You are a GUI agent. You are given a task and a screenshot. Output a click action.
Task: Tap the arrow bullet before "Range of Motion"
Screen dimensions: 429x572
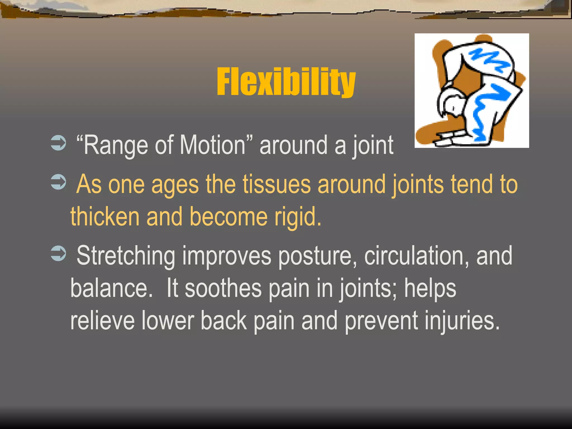pyautogui.click(x=58, y=143)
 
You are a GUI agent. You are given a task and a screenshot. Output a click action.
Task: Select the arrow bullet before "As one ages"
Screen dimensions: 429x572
pyautogui.click(x=58, y=182)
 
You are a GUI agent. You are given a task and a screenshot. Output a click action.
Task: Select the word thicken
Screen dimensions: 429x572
pyautogui.click(x=105, y=216)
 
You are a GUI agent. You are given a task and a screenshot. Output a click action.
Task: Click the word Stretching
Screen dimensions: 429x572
pyautogui.click(x=126, y=256)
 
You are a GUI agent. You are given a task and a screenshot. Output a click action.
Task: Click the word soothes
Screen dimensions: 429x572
pyautogui.click(x=223, y=288)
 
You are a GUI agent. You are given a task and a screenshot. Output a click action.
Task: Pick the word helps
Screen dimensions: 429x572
pyautogui.click(x=430, y=289)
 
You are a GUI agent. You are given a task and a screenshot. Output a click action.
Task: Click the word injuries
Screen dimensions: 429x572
pyautogui.click(x=462, y=321)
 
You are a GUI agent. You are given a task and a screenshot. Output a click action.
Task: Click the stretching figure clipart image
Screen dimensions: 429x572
pyautogui.click(x=471, y=90)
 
